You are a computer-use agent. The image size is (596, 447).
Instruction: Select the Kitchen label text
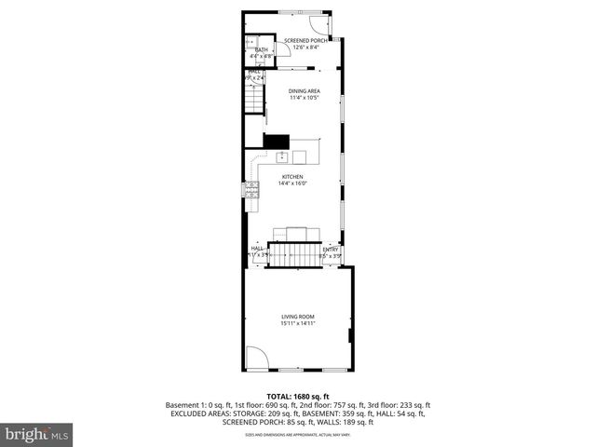293,176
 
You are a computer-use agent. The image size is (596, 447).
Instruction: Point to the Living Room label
299,318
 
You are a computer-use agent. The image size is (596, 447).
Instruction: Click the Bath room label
261,49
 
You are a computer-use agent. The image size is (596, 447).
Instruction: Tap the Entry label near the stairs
331,249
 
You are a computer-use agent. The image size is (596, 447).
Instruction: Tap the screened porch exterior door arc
321,25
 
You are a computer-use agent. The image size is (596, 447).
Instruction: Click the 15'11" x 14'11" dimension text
299,324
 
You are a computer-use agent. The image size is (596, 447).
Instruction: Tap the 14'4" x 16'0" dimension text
293,183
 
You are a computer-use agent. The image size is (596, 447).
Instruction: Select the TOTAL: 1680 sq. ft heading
298,396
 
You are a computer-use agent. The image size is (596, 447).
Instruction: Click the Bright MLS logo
37,434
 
